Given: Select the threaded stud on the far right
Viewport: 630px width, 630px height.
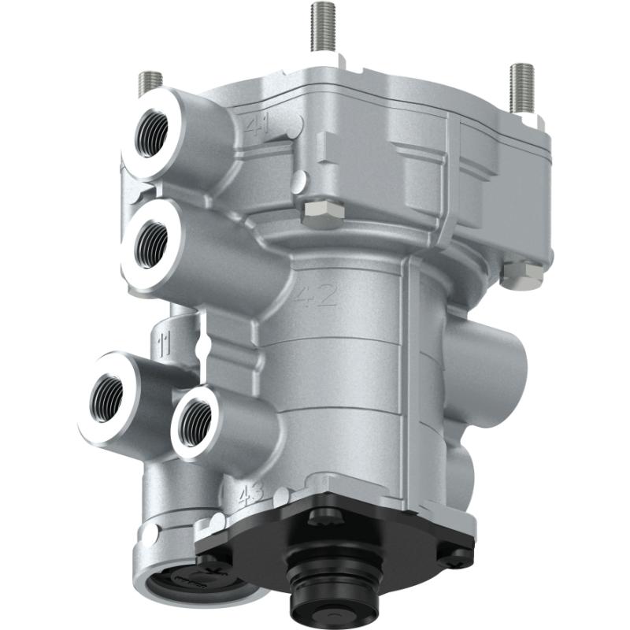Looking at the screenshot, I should click(x=521, y=87).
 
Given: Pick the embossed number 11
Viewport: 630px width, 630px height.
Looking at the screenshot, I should click(x=165, y=343).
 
